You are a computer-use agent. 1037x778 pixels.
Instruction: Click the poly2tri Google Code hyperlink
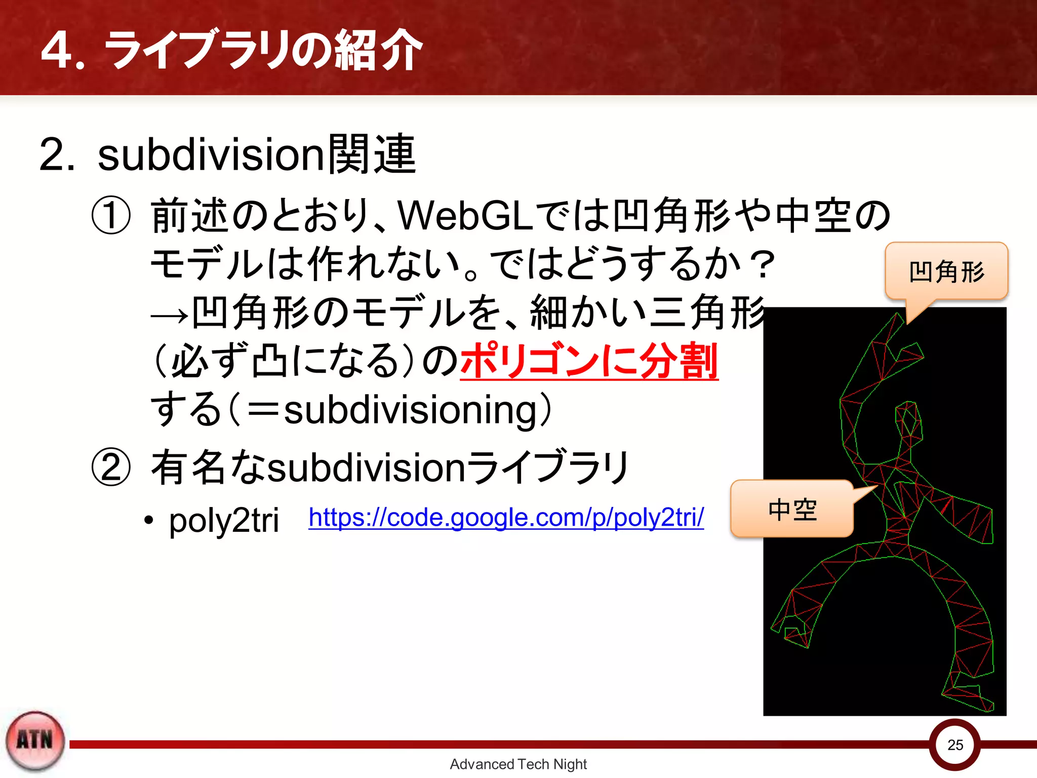pyautogui.click(x=506, y=518)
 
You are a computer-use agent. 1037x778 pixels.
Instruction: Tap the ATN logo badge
pyautogui.click(x=35, y=741)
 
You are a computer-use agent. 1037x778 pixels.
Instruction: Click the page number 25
pyautogui.click(x=955, y=745)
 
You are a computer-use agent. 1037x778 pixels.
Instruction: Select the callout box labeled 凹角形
pyautogui.click(x=946, y=271)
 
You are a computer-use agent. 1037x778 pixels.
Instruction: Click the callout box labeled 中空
pyautogui.click(x=792, y=509)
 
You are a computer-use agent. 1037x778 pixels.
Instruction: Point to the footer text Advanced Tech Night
pyautogui.click(x=518, y=764)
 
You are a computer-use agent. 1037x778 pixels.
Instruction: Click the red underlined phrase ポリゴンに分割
pyautogui.click(x=589, y=361)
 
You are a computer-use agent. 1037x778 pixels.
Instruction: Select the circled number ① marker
pyautogui.click(x=111, y=215)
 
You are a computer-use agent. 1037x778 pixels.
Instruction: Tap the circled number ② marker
pyautogui.click(x=111, y=467)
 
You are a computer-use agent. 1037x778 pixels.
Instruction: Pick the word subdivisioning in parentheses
pyautogui.click(x=410, y=409)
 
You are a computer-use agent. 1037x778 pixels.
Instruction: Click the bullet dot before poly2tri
pyautogui.click(x=148, y=521)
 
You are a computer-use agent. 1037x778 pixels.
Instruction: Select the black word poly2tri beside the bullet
pyautogui.click(x=224, y=521)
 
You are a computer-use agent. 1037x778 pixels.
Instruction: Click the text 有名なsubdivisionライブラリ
pyautogui.click(x=390, y=467)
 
